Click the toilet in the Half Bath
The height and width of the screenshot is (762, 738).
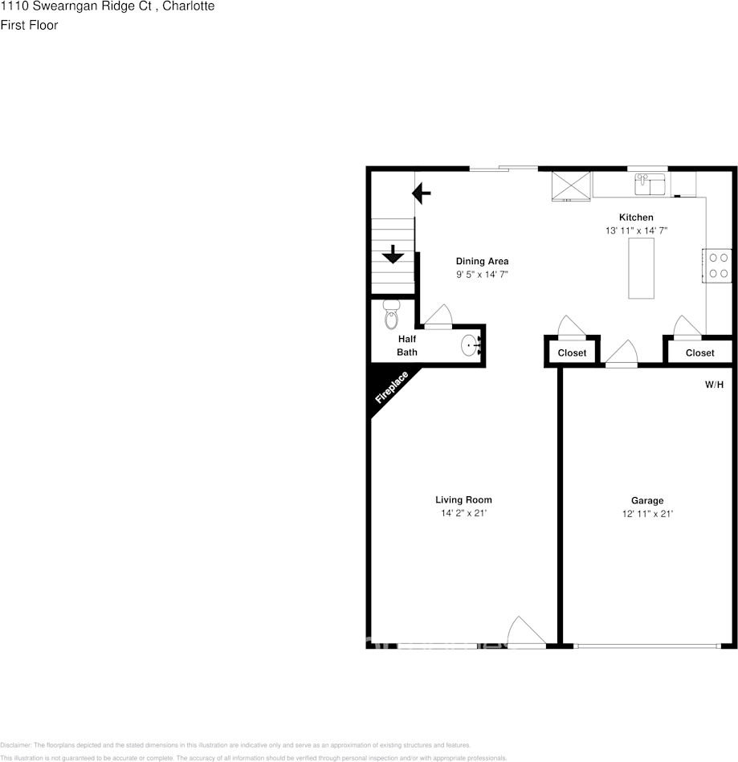pos(392,315)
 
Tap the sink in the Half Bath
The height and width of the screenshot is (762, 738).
pos(470,346)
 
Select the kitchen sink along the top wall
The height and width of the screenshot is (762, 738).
pos(650,185)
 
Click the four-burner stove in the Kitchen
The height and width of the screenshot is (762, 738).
pos(719,266)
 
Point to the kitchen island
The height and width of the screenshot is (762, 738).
pos(641,268)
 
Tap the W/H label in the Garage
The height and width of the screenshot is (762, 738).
pos(714,385)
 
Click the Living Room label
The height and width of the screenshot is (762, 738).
pos(463,499)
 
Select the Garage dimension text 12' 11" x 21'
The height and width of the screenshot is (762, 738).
pos(646,513)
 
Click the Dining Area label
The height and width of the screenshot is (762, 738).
pos(482,261)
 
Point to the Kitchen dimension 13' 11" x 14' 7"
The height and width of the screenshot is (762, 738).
pos(636,230)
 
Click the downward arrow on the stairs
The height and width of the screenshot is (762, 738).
pos(393,255)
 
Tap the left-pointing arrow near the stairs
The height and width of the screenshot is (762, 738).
pos(422,193)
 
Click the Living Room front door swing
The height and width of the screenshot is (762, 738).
pos(527,630)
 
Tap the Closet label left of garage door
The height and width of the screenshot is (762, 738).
pos(572,352)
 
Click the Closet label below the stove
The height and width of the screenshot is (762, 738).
pos(699,352)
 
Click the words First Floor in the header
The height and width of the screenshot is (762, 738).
pos(29,25)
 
